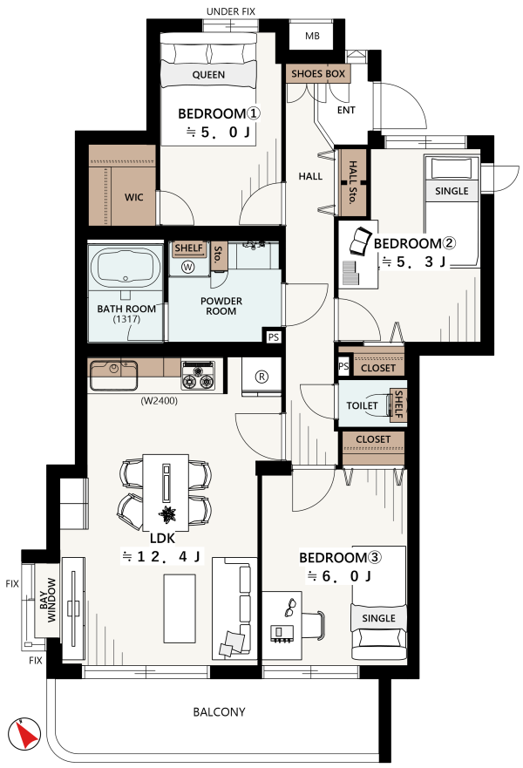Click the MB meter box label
pyautogui.click(x=312, y=36)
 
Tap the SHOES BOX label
pyautogui.click(x=318, y=74)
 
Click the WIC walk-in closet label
pyautogui.click(x=133, y=197)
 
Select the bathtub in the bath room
pyautogui.click(x=126, y=268)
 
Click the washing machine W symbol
pyautogui.click(x=187, y=267)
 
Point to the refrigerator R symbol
pyautogui.click(x=262, y=377)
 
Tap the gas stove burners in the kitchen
pyautogui.click(x=198, y=376)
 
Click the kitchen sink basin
pyautogui.click(x=113, y=375)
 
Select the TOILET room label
pyautogui.click(x=362, y=405)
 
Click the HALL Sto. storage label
pyautogui.click(x=352, y=182)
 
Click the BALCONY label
pyautogui.click(x=219, y=711)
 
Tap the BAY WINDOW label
pyautogui.click(x=47, y=600)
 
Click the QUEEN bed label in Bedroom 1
pyautogui.click(x=208, y=75)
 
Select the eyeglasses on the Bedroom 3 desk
pyautogui.click(x=289, y=607)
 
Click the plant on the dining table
pyautogui.click(x=167, y=514)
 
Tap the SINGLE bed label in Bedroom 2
pyautogui.click(x=452, y=191)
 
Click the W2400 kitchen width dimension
pyautogui.click(x=160, y=401)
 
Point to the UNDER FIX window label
pyautogui.click(x=231, y=11)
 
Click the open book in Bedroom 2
pyautogui.click(x=360, y=241)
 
